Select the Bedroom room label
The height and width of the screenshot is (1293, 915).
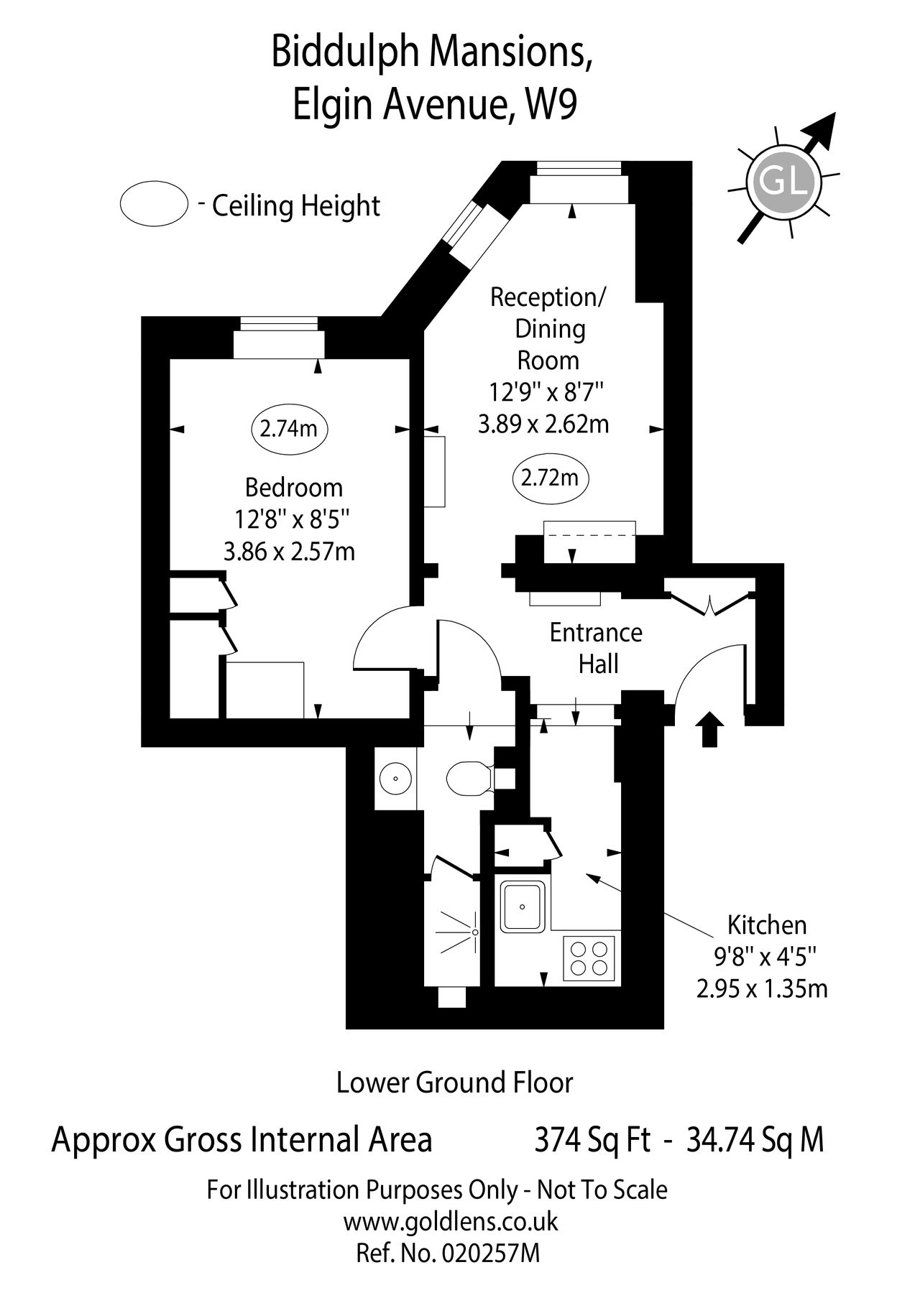pos(294,488)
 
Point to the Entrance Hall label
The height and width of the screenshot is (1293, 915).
pos(596,649)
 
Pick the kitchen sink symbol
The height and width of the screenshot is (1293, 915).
pos(523,907)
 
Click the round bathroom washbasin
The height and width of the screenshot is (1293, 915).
pos(395,777)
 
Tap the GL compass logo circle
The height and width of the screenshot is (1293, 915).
pos(782,182)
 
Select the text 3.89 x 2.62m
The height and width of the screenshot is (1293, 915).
pos(543,424)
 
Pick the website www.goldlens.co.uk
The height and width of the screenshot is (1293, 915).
pos(451,1222)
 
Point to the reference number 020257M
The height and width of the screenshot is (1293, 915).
pos(492,1253)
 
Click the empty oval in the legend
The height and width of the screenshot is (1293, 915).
pos(154,204)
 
